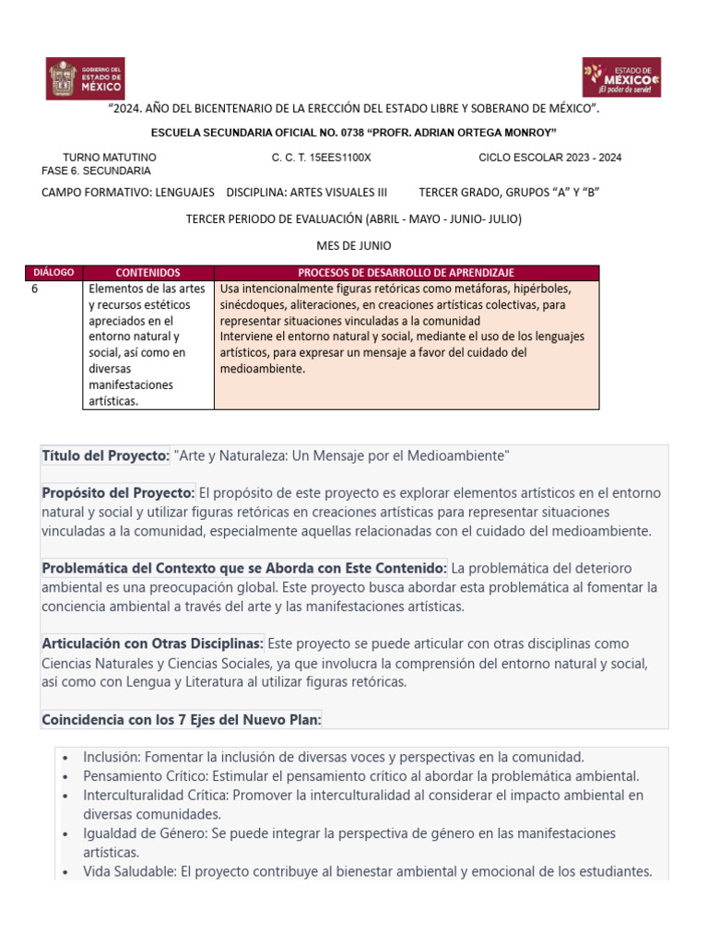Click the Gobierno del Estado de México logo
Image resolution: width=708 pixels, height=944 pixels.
point(86,78)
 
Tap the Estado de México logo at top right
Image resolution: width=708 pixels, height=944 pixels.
point(621,77)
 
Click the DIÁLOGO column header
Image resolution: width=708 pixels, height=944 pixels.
point(53,273)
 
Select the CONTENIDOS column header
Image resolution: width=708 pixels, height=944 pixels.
point(147,273)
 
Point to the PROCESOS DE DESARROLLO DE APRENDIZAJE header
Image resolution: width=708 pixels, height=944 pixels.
point(406,273)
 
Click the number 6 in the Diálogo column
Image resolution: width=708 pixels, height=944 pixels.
point(35,288)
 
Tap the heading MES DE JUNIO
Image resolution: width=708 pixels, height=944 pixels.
point(354,246)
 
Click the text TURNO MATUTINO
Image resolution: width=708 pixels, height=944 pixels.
point(109,158)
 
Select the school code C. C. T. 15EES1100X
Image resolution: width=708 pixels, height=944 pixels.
point(321,158)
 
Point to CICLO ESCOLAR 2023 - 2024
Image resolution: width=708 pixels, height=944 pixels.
point(550,158)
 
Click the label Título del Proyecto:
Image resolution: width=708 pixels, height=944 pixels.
point(106,456)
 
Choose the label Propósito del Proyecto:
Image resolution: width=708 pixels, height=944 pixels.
point(118,492)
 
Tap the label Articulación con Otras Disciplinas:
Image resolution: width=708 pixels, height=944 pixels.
point(153,643)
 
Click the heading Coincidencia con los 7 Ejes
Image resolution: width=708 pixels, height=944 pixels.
point(182,719)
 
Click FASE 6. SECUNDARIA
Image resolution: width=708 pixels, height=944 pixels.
point(97,171)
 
